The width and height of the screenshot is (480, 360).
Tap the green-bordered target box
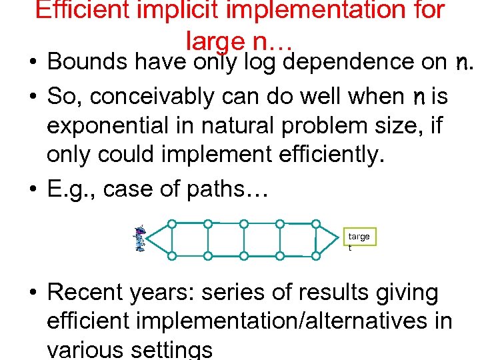360,241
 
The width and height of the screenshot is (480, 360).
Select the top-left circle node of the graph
172,224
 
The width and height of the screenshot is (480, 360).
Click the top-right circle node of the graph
316,224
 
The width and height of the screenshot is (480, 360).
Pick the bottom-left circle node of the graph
172,256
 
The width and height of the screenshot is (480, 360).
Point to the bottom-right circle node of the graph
316,256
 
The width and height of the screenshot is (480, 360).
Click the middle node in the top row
244,224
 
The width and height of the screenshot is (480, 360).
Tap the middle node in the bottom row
244,256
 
